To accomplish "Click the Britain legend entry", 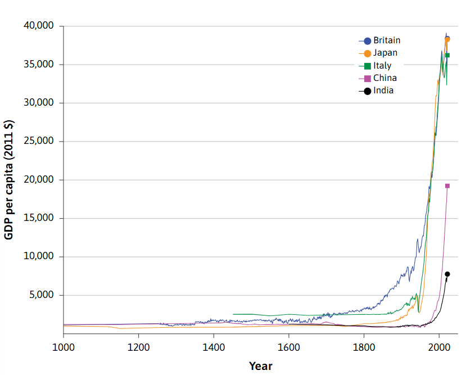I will click(x=386, y=40).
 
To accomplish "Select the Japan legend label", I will click(x=385, y=53).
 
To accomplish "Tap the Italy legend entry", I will click(x=382, y=66).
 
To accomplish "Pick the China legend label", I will click(x=384, y=78).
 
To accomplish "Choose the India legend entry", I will click(x=383, y=91).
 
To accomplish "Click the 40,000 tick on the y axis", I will click(x=38, y=26).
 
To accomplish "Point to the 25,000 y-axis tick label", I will click(x=38, y=141).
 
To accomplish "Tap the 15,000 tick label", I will click(x=38, y=218).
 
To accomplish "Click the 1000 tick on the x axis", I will click(x=63, y=346).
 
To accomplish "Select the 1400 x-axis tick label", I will click(x=213, y=346).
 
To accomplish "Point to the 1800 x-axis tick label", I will click(x=364, y=346).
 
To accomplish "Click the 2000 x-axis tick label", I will click(x=439, y=346).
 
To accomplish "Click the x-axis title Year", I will click(x=260, y=366).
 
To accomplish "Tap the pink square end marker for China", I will click(x=447, y=186).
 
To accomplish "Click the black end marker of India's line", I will click(x=447, y=274).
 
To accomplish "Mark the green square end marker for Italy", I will click(x=447, y=55).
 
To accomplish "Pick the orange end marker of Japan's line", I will click(x=447, y=39).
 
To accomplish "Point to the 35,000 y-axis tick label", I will click(x=38, y=64).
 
